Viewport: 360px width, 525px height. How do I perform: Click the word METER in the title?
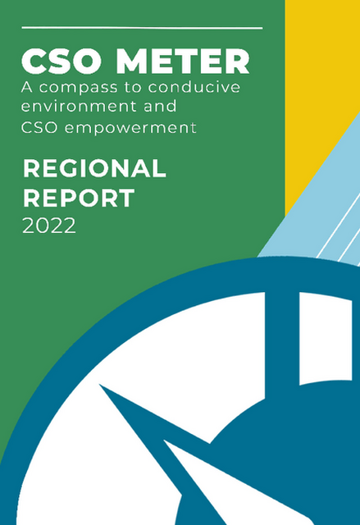[x=183, y=62]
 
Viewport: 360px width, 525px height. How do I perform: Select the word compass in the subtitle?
[x=79, y=88]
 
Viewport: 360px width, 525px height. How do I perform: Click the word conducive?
[x=194, y=88]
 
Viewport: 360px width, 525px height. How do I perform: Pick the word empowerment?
[x=130, y=128]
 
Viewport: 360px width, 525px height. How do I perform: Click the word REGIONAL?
[x=94, y=168]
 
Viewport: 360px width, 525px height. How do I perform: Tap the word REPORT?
[x=79, y=198]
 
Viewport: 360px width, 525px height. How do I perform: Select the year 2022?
[x=49, y=226]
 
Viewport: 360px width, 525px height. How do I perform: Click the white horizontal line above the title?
[x=142, y=28]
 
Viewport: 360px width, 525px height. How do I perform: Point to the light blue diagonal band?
[x=321, y=208]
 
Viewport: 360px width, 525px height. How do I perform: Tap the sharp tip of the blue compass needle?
[x=100, y=385]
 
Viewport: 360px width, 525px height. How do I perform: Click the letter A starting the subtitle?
[x=27, y=88]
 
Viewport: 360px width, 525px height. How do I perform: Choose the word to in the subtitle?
[x=133, y=88]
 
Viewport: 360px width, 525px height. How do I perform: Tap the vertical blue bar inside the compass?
[x=282, y=341]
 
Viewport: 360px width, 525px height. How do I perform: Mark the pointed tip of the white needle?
[x=164, y=441]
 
